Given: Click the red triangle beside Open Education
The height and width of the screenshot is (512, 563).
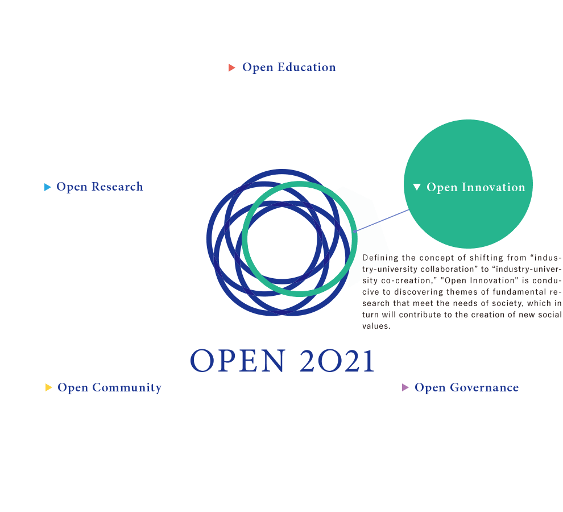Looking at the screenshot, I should pos(231,68).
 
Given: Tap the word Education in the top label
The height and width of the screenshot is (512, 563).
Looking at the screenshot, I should pos(307,67).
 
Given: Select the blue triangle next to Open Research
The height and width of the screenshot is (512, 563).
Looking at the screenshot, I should pos(48,187).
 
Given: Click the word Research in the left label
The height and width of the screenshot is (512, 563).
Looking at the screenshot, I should pos(117,187).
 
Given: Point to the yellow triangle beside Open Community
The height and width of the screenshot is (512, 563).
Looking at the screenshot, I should pos(48,388).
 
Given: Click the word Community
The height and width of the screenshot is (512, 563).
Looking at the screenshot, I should pos(127,387).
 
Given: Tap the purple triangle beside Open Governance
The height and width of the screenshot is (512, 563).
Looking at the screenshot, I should pos(405,388).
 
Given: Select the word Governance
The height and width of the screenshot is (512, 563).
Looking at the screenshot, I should pos(484,387).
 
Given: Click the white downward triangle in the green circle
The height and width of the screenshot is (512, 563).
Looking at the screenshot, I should pos(417,187).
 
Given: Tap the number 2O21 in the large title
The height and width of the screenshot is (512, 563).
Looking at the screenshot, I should pos(337,361).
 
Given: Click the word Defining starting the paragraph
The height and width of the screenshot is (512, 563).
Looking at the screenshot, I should pos(380,258).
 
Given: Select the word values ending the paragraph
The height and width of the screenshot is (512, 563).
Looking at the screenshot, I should pos(376,327).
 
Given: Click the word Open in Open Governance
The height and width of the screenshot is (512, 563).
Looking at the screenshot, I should pos(429,387).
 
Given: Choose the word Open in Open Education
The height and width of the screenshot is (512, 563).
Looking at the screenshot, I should pos(257,67).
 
